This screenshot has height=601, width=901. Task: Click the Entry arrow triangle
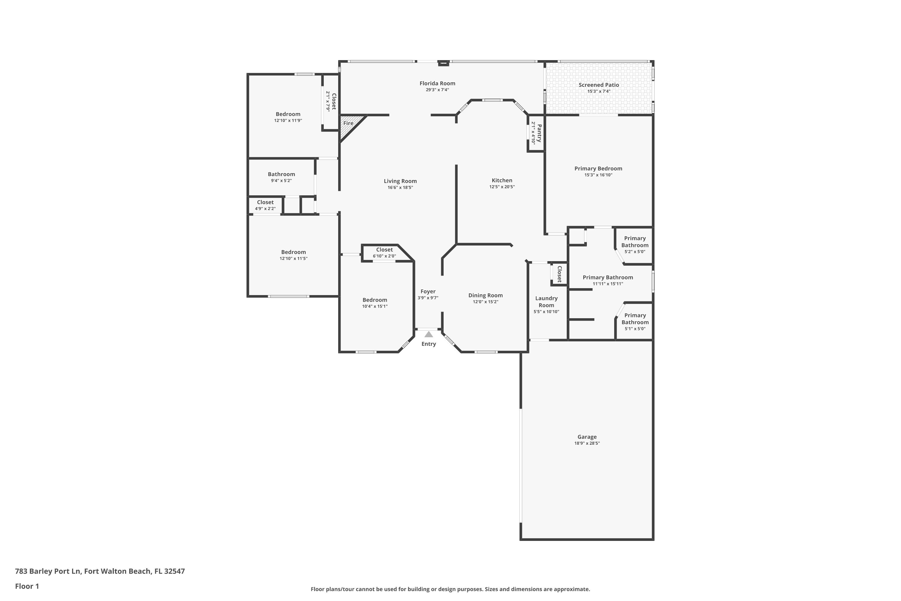pos(429,334)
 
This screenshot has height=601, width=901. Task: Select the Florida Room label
pos(437,83)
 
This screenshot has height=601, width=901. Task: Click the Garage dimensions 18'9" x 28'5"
pos(587,443)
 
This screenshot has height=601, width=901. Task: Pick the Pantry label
pos(539,133)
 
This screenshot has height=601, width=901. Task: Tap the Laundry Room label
pos(546,302)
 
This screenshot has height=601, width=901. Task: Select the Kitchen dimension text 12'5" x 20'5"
pos(502,187)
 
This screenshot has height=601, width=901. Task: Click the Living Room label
pos(400,181)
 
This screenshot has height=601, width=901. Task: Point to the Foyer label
pos(428,291)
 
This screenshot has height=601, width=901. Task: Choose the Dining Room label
pos(485,295)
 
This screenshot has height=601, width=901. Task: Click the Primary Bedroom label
pos(598,168)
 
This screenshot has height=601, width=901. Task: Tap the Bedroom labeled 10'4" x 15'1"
pos(375,300)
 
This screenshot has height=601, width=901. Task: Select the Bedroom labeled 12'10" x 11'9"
pos(288,114)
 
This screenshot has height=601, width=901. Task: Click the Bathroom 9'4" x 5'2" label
pos(281,174)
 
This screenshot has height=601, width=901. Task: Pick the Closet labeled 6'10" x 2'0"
pos(384,249)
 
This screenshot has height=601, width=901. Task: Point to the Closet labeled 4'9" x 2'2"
pos(265,202)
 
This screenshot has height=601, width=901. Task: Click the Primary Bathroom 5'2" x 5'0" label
pos(635,242)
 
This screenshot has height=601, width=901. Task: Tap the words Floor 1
pos(27,586)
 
